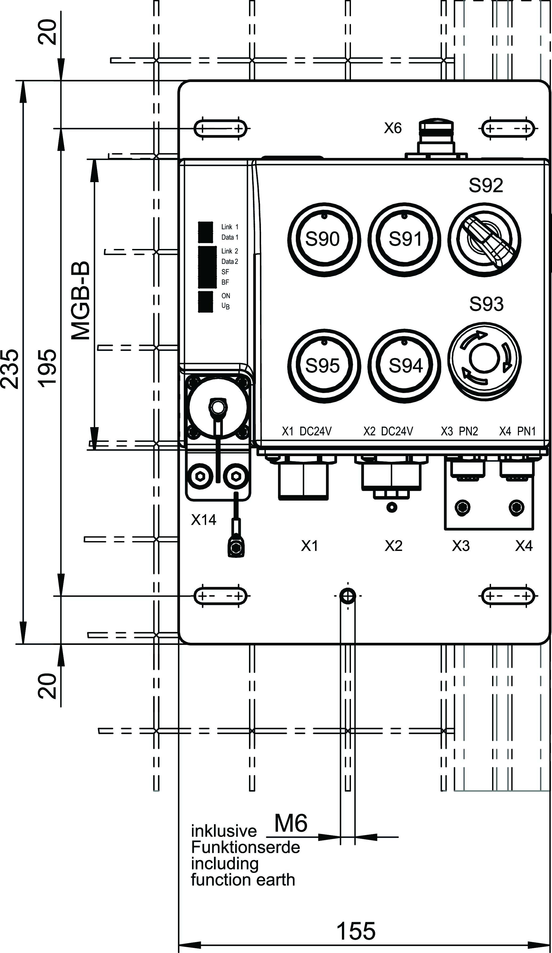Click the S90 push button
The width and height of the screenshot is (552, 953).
click(x=324, y=239)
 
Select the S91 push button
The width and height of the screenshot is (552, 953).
click(x=404, y=239)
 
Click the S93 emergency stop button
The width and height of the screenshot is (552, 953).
click(x=484, y=359)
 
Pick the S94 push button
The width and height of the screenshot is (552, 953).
click(x=404, y=366)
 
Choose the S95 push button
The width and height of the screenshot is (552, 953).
click(x=324, y=366)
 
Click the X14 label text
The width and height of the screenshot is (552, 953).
click(x=203, y=520)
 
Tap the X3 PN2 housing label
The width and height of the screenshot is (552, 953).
click(x=459, y=431)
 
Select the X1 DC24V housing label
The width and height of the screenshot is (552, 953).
click(x=307, y=431)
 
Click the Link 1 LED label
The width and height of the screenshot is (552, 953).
click(x=230, y=227)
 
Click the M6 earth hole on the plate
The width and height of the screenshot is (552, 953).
click(x=347, y=596)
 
